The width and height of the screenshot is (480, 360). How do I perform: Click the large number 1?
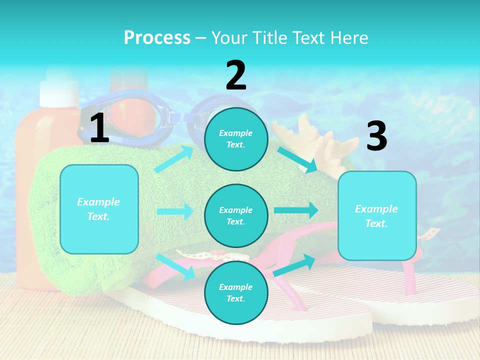(99, 128)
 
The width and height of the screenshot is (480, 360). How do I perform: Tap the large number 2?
(236, 75)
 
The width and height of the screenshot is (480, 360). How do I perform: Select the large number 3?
(376, 136)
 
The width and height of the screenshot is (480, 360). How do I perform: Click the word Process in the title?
(157, 37)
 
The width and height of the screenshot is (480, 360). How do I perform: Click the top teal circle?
(236, 139)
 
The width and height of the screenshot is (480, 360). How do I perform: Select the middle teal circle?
(236, 216)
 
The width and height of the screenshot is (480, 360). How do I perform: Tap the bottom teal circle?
(236, 292)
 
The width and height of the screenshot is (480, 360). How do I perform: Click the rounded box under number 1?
(99, 209)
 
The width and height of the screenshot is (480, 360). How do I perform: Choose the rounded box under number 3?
(377, 216)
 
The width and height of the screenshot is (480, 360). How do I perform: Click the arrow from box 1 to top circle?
(174, 158)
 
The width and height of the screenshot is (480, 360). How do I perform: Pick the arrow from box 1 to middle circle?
(175, 211)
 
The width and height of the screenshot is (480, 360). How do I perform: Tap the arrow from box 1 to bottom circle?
(175, 266)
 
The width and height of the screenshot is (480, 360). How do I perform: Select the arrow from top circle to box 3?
(298, 160)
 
